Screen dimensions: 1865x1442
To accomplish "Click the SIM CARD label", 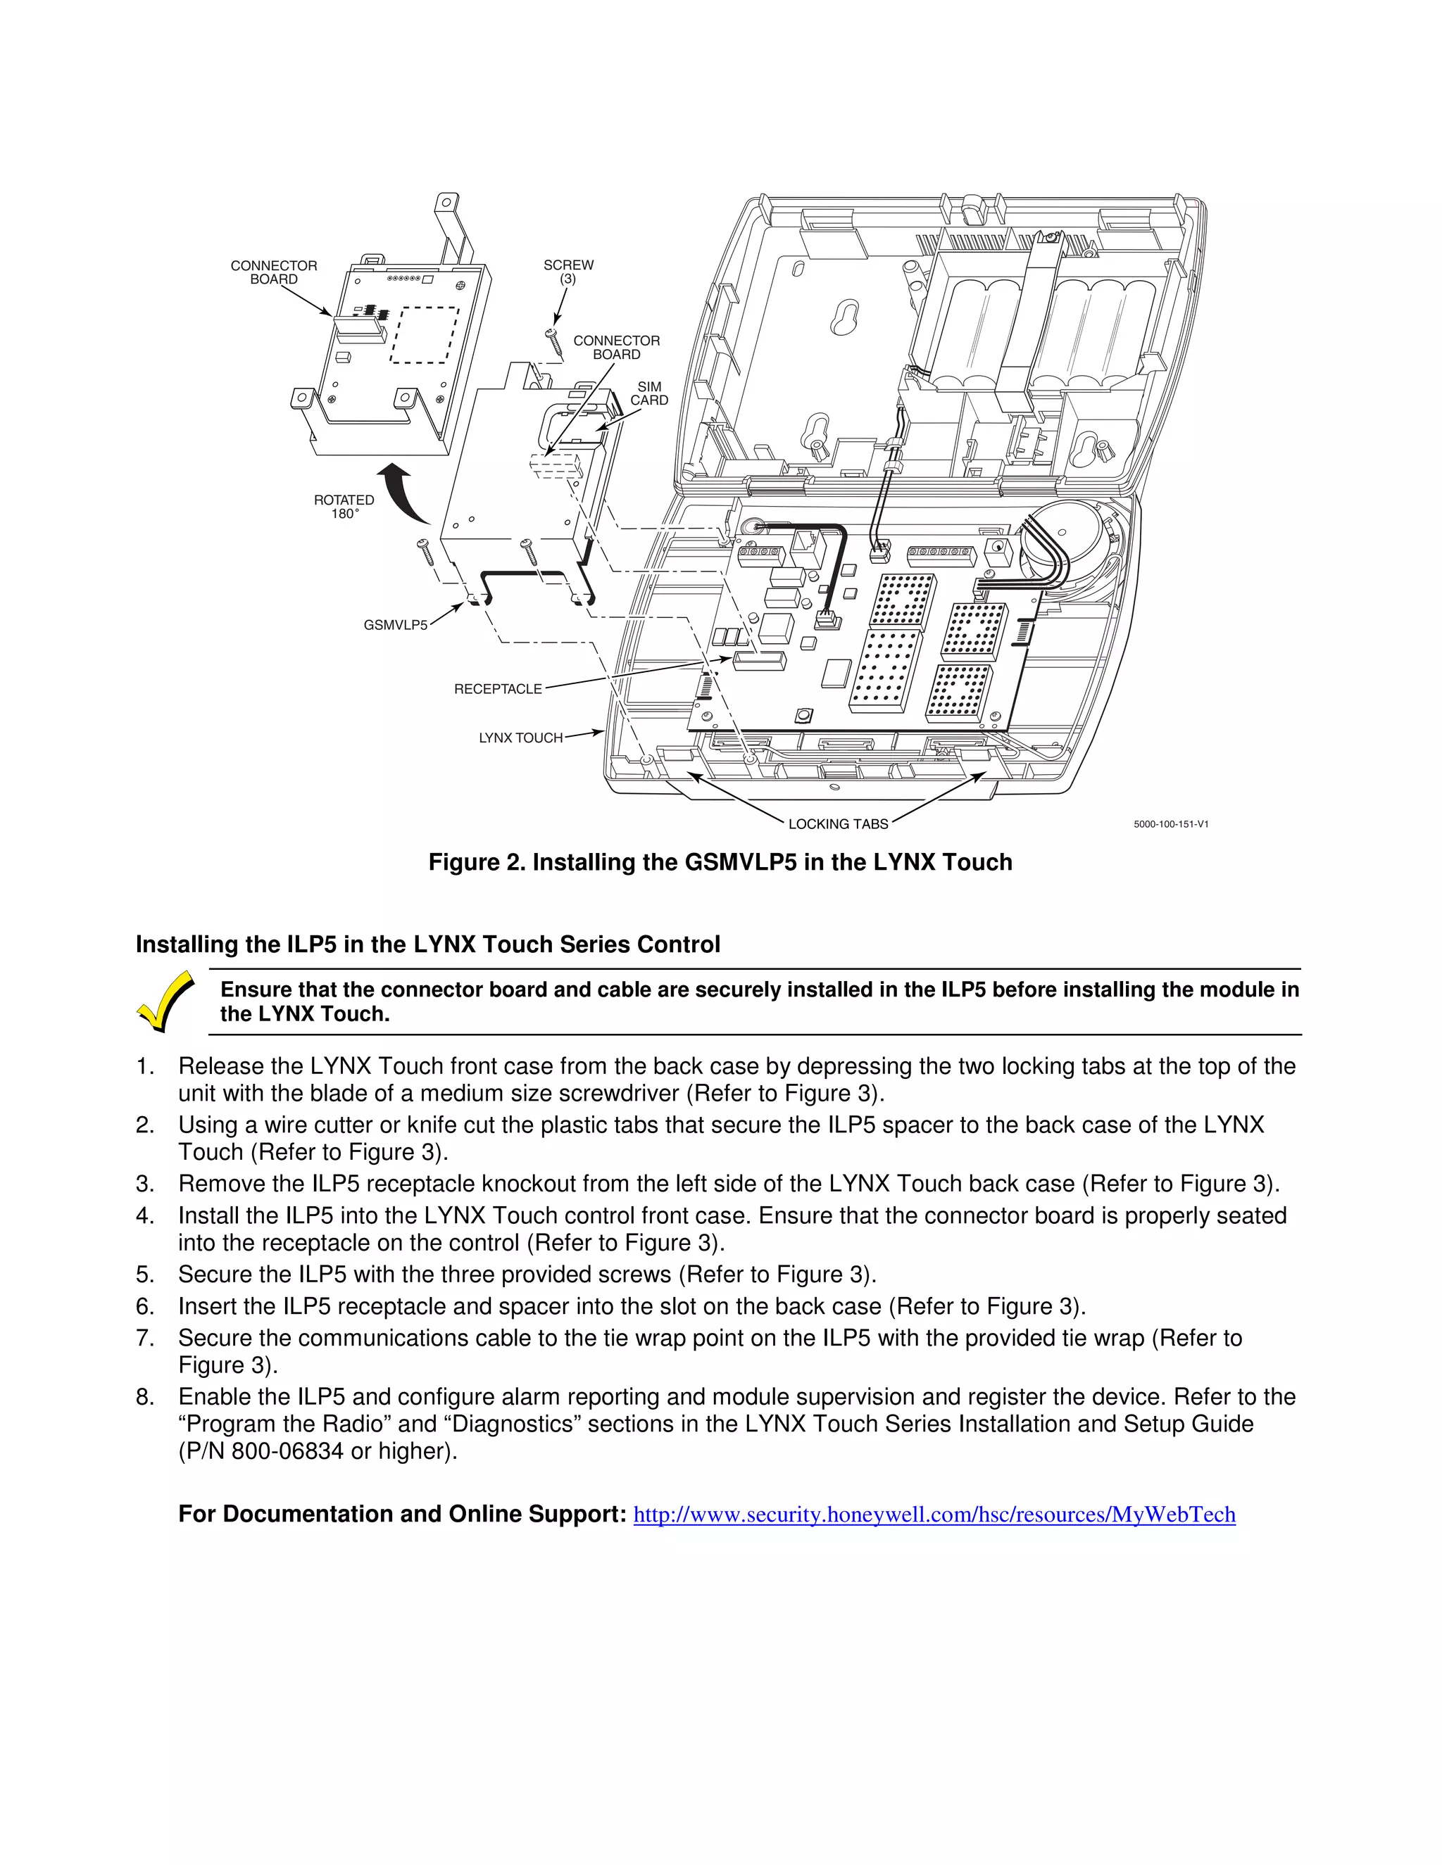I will pos(649,393).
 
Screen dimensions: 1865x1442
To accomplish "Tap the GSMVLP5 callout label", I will pos(396,625).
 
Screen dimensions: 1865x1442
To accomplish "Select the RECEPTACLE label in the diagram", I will pos(498,689).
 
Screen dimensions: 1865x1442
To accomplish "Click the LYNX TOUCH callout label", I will pos(520,738).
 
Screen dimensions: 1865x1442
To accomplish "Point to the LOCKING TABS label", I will pos(838,824).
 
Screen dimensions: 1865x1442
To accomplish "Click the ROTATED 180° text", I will pos(344,507).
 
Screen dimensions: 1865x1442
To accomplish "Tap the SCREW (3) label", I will pos(568,272).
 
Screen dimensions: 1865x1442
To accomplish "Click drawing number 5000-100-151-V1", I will pos(1170,824).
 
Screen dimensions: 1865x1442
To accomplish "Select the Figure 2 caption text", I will pos(720,863).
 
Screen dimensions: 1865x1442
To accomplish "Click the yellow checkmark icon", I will pos(165,1001).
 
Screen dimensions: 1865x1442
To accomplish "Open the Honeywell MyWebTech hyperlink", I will pos(934,1514).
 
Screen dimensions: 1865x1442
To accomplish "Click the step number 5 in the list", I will pos(144,1275).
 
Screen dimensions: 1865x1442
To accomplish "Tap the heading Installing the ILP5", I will pos(427,944).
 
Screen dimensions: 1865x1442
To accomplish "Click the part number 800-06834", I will pos(287,1452).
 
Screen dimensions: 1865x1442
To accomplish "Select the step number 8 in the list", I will pos(144,1397).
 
